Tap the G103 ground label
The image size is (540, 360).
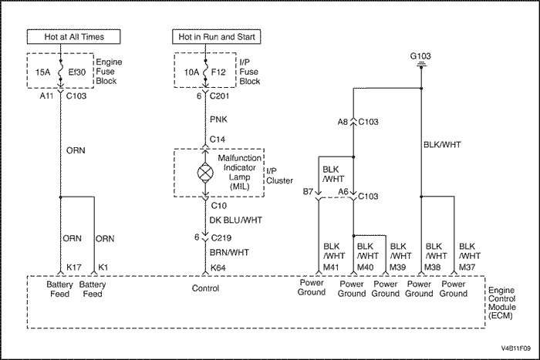[x=420, y=56]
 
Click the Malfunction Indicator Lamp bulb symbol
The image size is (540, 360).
[x=205, y=173]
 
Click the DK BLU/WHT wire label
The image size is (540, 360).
[x=235, y=220]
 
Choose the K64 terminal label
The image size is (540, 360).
[x=218, y=267]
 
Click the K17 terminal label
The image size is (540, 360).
[x=74, y=267]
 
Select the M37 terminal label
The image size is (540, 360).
[x=467, y=267]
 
